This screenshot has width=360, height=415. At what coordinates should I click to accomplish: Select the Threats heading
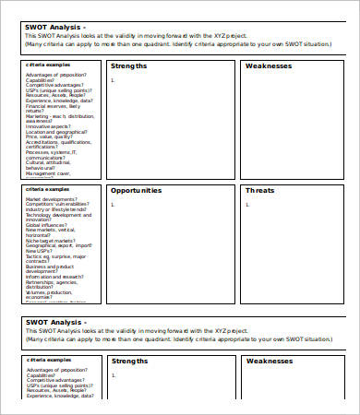pyautogui.click(x=260, y=191)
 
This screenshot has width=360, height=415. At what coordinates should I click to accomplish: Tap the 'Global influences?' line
pyautogui.click(x=47, y=225)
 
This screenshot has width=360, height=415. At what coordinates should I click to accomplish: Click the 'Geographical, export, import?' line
pyautogui.click(x=59, y=246)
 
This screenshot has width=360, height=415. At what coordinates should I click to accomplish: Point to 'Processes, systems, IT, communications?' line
pyautogui.click(x=55, y=155)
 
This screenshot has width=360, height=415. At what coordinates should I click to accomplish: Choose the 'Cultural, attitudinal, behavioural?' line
pyautogui.click(x=54, y=165)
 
